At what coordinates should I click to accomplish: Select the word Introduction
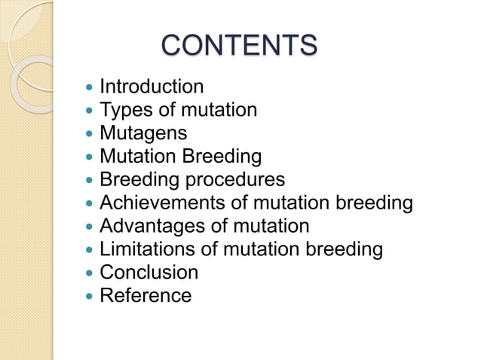click(x=152, y=87)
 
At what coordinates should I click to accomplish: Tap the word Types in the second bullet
click(x=126, y=111)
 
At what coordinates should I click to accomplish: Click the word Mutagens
click(x=143, y=134)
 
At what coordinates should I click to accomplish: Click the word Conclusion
click(x=149, y=272)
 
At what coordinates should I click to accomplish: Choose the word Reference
click(x=146, y=295)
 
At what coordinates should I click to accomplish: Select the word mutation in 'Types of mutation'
click(x=219, y=111)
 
